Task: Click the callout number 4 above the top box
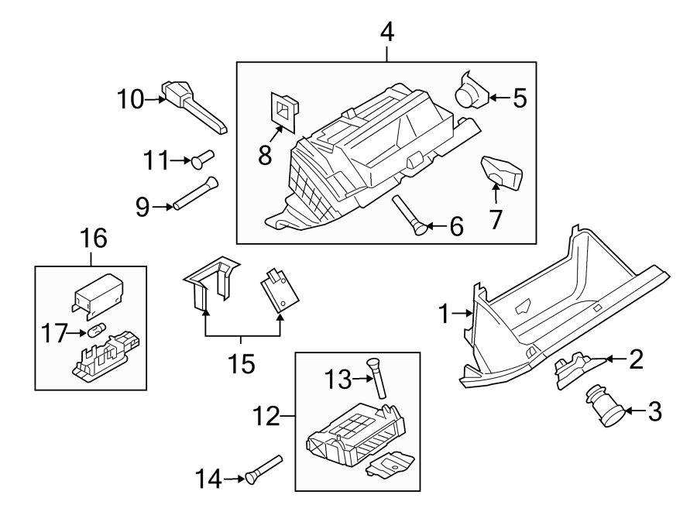[x=387, y=33]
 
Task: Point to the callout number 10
[x=131, y=98]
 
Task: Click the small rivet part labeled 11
[x=203, y=158]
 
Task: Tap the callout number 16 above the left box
[x=91, y=239]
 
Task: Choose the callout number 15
[x=242, y=363]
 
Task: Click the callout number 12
[x=266, y=418]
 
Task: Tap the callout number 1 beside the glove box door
[x=445, y=314]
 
